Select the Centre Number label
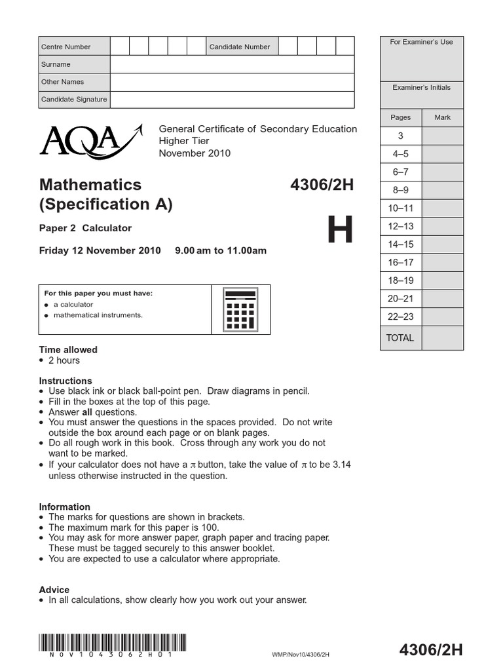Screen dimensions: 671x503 point(65,47)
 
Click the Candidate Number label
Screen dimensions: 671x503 point(239,47)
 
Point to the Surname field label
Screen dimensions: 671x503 point(56,64)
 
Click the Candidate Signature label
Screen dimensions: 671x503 point(73,100)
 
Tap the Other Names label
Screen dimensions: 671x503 point(62,82)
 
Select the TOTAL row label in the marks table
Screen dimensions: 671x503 point(400,338)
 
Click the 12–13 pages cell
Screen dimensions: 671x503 point(400,226)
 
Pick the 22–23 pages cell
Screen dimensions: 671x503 point(400,316)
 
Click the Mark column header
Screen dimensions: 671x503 point(442,117)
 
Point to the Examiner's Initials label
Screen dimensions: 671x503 point(421,87)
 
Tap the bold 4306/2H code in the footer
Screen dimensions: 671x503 point(430,650)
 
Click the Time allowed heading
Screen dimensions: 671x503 point(68,350)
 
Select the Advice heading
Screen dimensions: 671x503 point(54,590)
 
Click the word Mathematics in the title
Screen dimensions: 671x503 point(90,184)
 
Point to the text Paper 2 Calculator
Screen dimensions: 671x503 point(85,228)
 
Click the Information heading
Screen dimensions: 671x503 point(64,507)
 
